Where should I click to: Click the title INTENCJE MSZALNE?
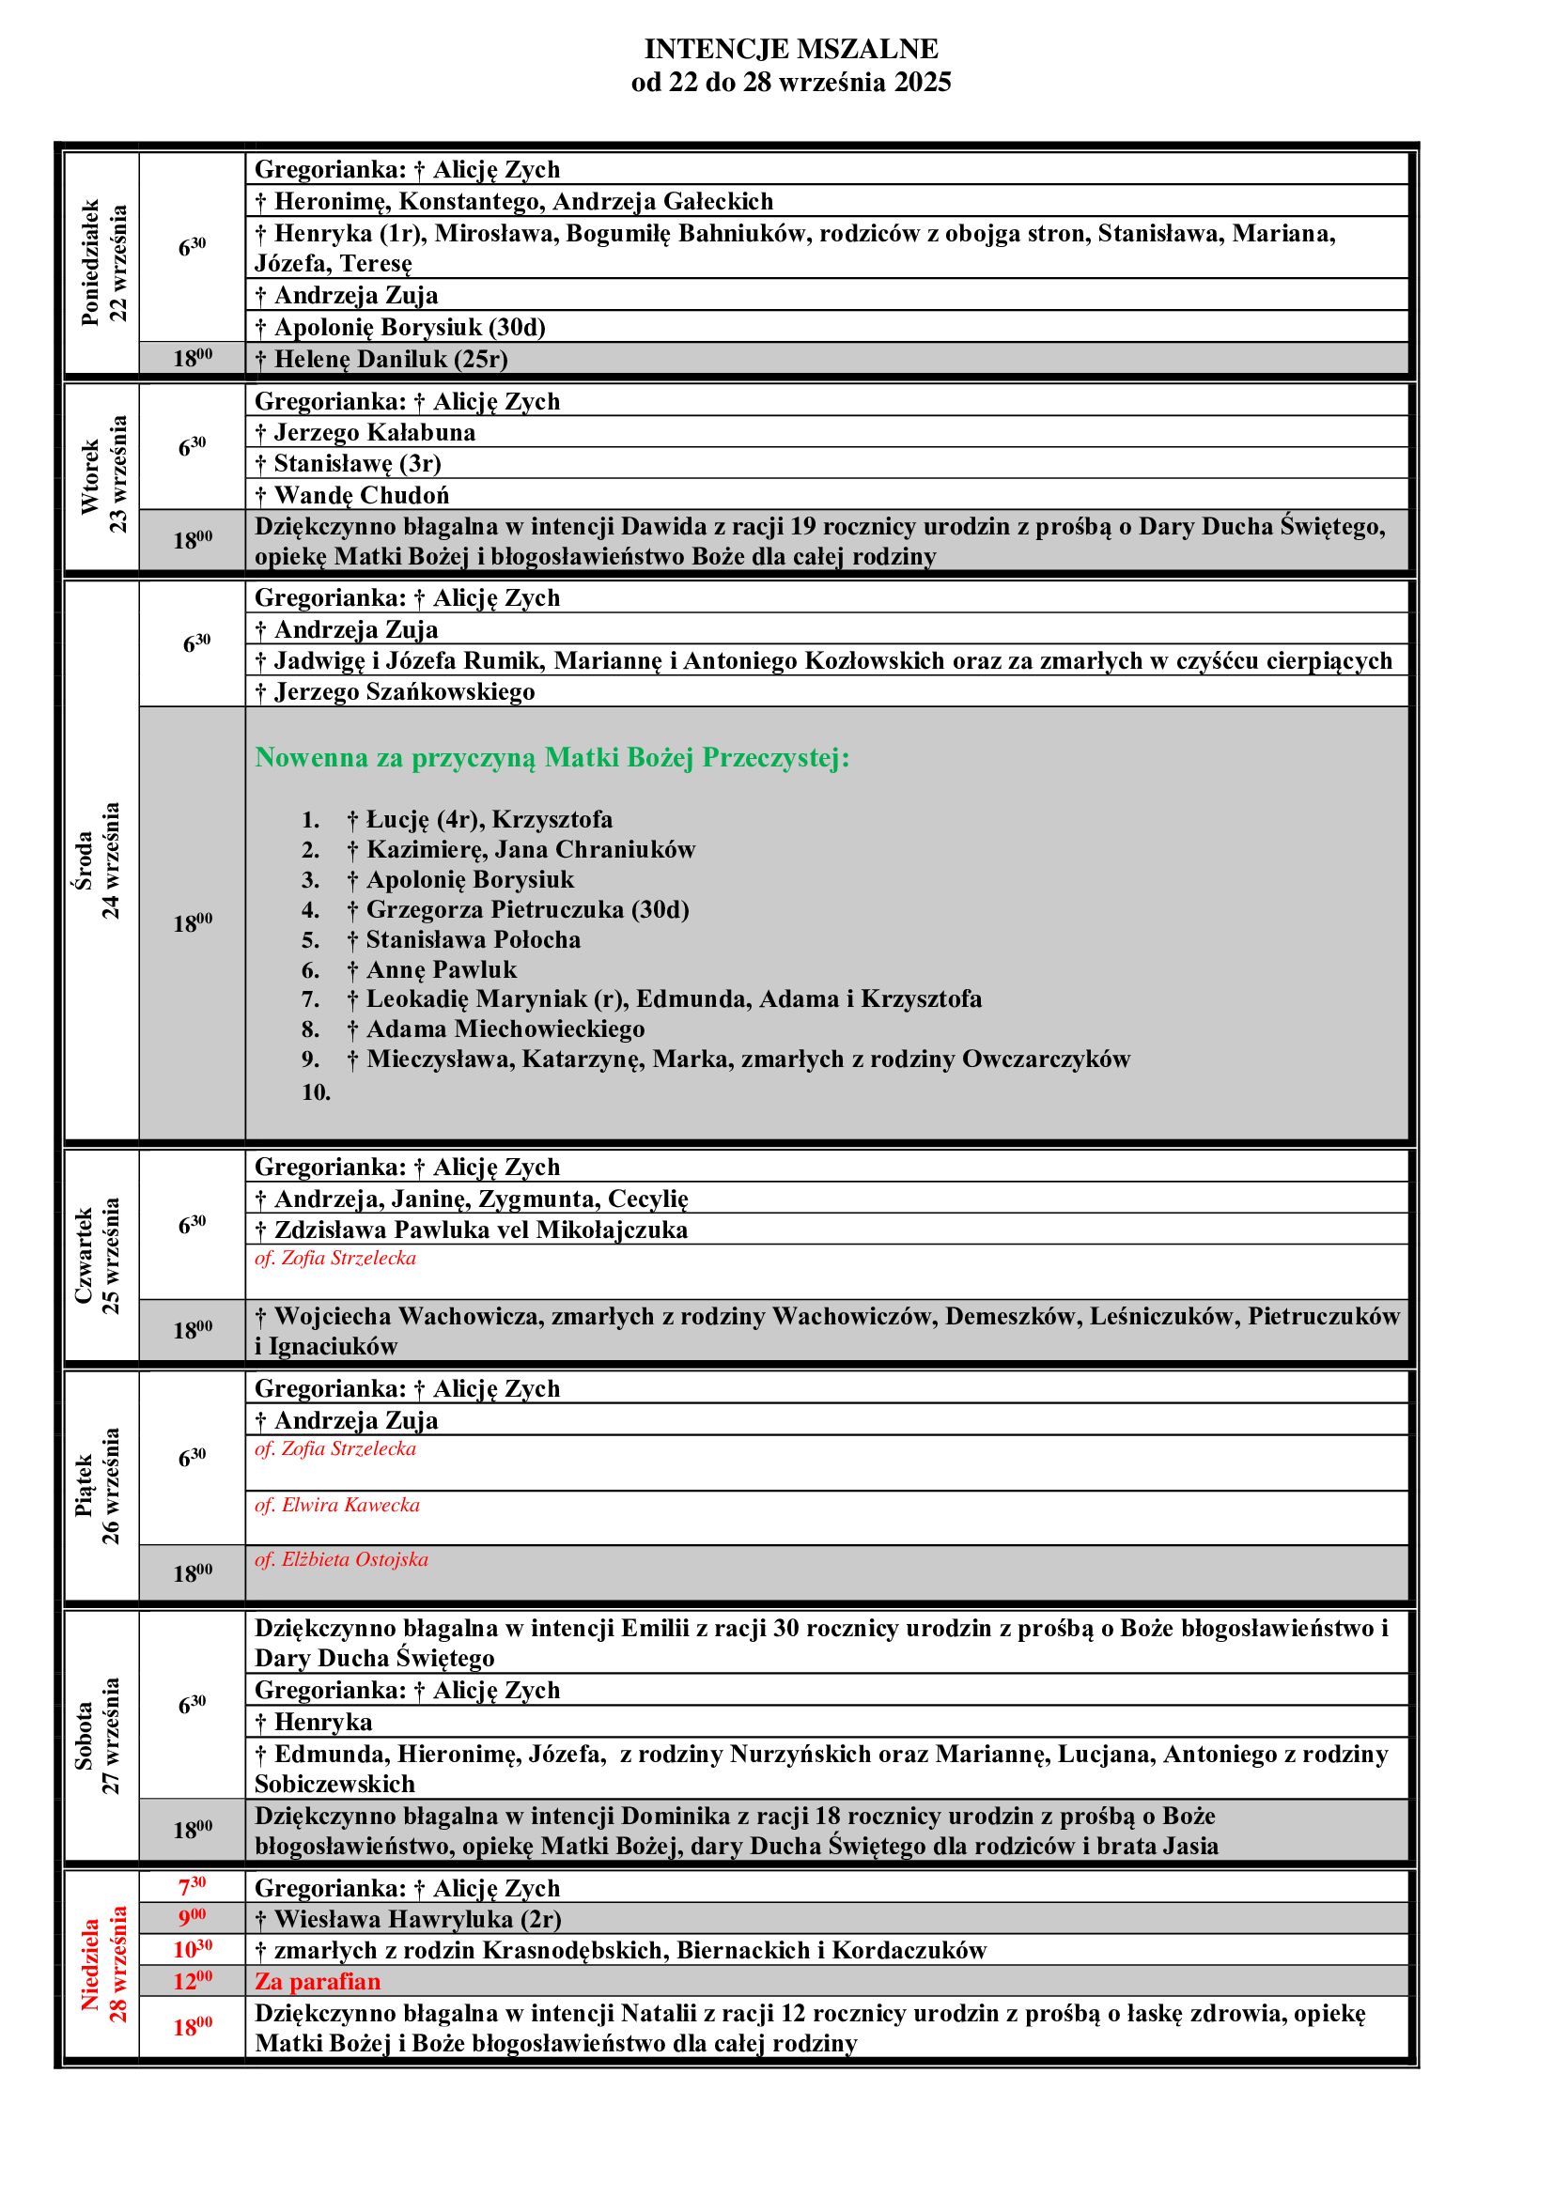[790, 49]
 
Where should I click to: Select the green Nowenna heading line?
[552, 758]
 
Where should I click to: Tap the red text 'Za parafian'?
[317, 1981]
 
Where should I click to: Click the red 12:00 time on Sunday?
[193, 1981]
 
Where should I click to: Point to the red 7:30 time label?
[193, 1887]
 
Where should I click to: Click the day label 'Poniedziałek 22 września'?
[103, 263]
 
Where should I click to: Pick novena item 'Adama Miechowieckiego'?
[505, 1029]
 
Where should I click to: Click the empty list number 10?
[316, 1092]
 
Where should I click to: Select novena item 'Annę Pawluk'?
[442, 970]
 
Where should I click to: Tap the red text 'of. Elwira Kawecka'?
[337, 1505]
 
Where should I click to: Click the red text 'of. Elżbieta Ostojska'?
[341, 1560]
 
